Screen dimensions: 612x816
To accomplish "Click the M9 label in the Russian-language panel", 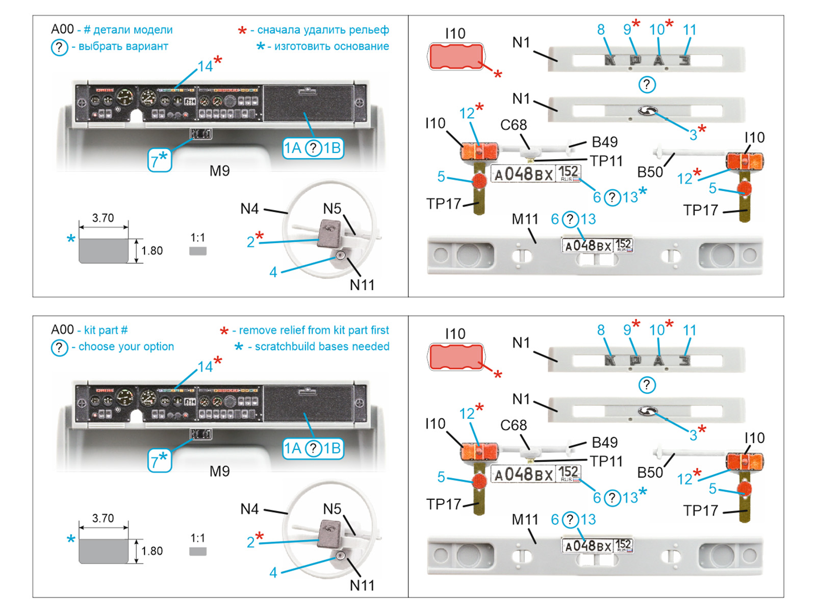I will pyautogui.click(x=220, y=171).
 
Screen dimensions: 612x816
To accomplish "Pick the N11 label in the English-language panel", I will pyautogui.click(x=362, y=585).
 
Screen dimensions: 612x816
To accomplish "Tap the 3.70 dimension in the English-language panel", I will pyautogui.click(x=103, y=519).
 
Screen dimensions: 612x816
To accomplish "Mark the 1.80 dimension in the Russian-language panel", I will pyautogui.click(x=152, y=251).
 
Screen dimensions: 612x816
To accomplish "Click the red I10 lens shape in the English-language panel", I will pyautogui.click(x=455, y=357).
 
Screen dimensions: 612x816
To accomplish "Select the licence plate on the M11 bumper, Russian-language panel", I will pyautogui.click(x=597, y=246).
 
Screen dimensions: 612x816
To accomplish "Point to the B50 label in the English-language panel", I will pyautogui.click(x=650, y=473).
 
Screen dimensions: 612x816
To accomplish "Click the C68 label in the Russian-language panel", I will pyautogui.click(x=514, y=125).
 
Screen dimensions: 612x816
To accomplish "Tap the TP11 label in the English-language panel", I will pyautogui.click(x=606, y=462).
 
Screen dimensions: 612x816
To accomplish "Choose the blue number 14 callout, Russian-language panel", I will pyautogui.click(x=205, y=66).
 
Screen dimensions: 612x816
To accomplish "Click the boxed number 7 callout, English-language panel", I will pyautogui.click(x=159, y=461).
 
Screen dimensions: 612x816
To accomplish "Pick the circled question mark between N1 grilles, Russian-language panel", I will pyautogui.click(x=647, y=85).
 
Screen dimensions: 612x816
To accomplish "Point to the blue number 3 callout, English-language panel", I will pyautogui.click(x=693, y=436).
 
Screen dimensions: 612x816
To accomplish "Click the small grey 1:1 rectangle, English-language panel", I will pyautogui.click(x=198, y=551).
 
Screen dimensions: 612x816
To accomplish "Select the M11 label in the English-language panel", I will pyautogui.click(x=525, y=520).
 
